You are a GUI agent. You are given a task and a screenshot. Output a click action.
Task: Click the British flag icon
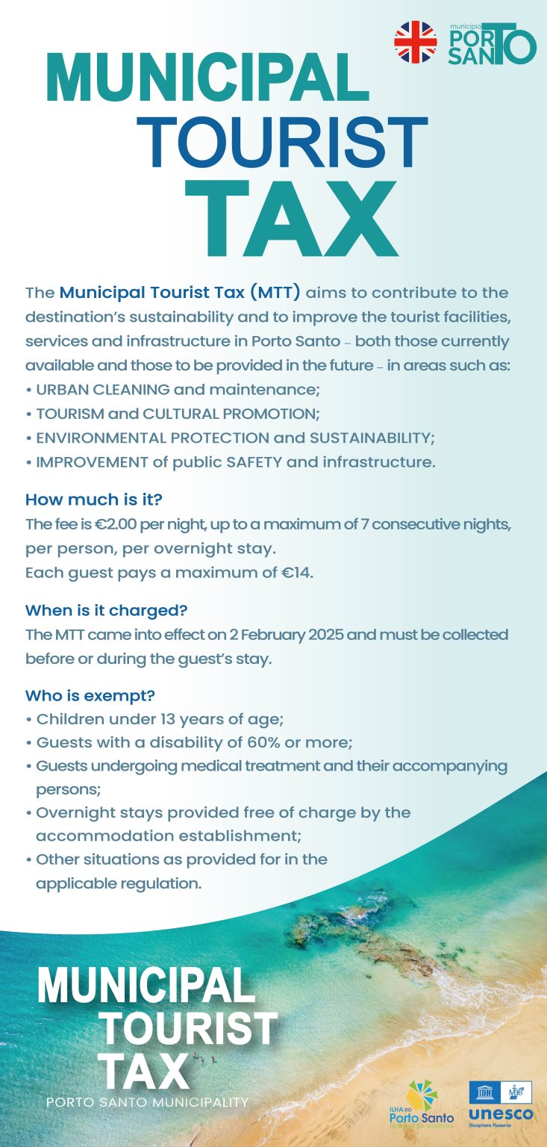[x=416, y=42]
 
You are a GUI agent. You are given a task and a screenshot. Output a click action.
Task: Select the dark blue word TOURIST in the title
[x=281, y=144]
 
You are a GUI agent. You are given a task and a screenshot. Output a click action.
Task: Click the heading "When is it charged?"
[x=106, y=610]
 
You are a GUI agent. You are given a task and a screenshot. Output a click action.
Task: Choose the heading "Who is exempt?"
[x=90, y=696]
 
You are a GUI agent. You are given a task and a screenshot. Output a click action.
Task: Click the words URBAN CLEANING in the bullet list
[x=102, y=389]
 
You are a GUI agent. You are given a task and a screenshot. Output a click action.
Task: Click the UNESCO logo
[x=500, y=1102]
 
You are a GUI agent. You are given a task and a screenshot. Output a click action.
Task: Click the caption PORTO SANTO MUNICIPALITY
[x=147, y=1102]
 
